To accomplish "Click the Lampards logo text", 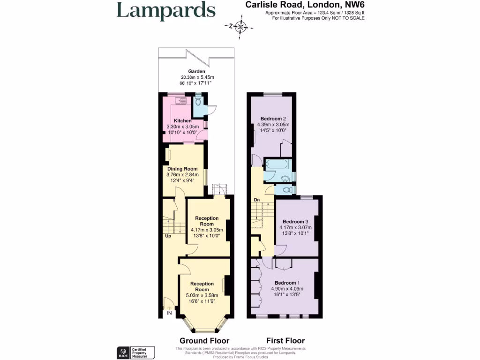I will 166,11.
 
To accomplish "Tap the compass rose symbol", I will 241,26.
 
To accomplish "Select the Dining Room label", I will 182,169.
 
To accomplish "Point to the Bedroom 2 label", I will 273,119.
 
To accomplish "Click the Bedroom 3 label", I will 295,222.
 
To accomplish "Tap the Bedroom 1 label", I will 287,283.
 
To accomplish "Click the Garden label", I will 197,71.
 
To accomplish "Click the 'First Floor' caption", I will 285,341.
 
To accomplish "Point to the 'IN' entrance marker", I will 169,313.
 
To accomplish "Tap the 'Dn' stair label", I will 257,200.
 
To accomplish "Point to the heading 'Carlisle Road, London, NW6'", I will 305,5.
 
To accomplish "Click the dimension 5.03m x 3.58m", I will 202,295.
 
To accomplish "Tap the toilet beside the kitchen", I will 199,102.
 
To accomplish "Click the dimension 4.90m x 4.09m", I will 287,289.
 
